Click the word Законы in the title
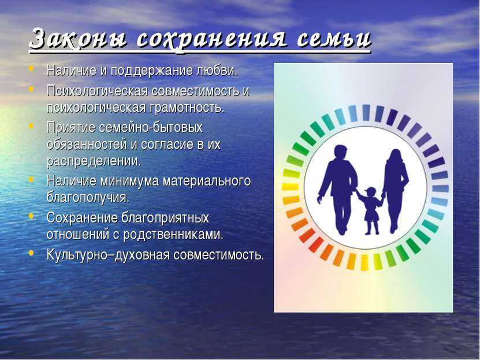click(78, 39)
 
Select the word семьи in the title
click(334, 39)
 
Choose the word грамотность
click(187, 107)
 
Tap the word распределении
click(94, 161)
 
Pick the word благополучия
click(88, 198)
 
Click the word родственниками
click(173, 235)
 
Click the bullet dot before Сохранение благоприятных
click(31, 216)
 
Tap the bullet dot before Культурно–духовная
click(31, 253)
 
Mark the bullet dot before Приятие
click(31, 125)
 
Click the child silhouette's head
click(371, 192)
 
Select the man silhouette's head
click(340, 152)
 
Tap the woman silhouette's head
click(395, 157)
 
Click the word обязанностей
click(87, 144)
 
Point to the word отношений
click(78, 235)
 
